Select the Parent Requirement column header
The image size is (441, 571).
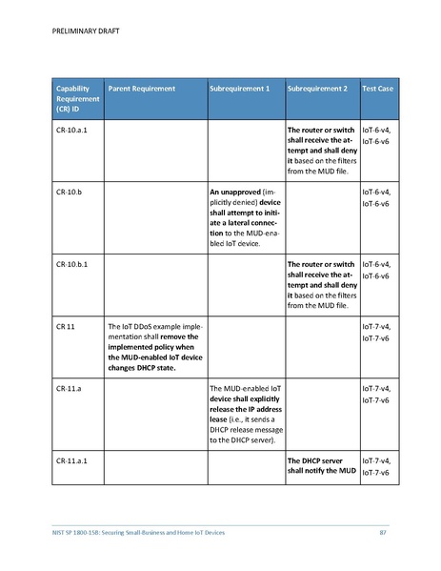(141, 89)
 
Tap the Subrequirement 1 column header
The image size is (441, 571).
(239, 89)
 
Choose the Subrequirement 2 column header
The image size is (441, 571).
(317, 89)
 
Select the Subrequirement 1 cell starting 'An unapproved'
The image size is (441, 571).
(244, 218)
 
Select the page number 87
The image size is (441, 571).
(383, 531)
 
